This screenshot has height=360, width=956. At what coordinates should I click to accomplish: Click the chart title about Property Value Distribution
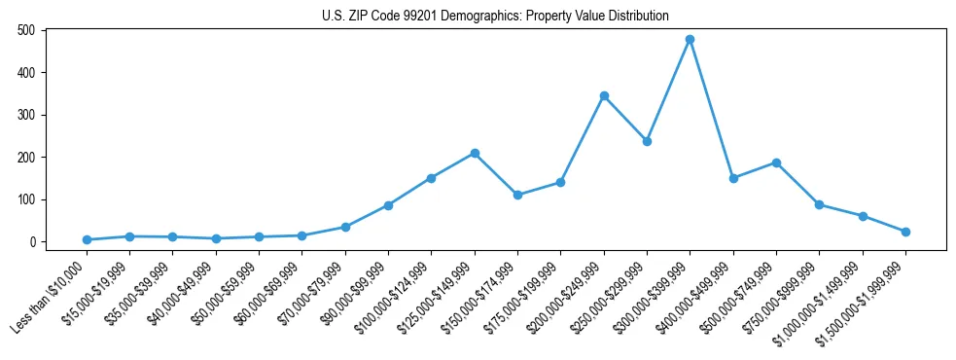click(496, 16)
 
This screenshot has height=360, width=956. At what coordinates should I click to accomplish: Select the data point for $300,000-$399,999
click(690, 40)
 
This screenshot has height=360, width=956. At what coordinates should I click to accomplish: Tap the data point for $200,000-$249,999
click(604, 95)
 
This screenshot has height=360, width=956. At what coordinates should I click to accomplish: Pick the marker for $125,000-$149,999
click(474, 153)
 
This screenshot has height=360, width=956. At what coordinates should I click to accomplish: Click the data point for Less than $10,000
click(87, 239)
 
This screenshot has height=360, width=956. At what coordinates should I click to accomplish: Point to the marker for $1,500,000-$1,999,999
click(905, 232)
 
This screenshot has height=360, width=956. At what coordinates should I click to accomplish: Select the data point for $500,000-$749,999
click(776, 162)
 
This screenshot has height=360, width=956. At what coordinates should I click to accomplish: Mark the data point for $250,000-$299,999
click(647, 141)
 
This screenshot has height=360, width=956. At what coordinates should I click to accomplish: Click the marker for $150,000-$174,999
click(517, 195)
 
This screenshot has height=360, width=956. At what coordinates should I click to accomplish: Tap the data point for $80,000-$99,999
click(388, 205)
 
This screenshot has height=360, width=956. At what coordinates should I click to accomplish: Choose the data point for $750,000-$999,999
click(819, 204)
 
